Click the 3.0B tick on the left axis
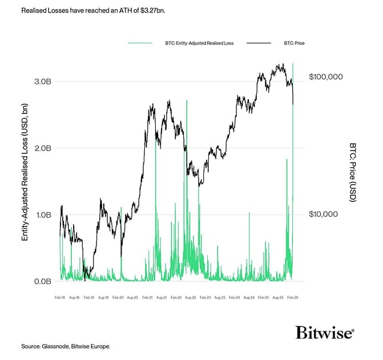pyautogui.click(x=43, y=82)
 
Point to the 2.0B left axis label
pyautogui.click(x=43, y=148)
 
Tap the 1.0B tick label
pyautogui.click(x=43, y=215)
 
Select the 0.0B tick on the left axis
pyautogui.click(x=43, y=282)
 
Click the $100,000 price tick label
pyautogui.click(x=325, y=76)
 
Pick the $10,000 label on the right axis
pyautogui.click(x=324, y=214)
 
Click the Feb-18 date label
pyautogui.click(x=60, y=297)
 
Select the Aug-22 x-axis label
pyautogui.click(x=191, y=297)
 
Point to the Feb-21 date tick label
pyautogui.click(x=147, y=297)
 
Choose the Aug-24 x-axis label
pyautogui.click(x=249, y=297)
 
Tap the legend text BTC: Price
pyautogui.click(x=294, y=43)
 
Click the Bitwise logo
pyautogui.click(x=325, y=333)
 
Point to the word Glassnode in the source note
pyautogui.click(x=55, y=346)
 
